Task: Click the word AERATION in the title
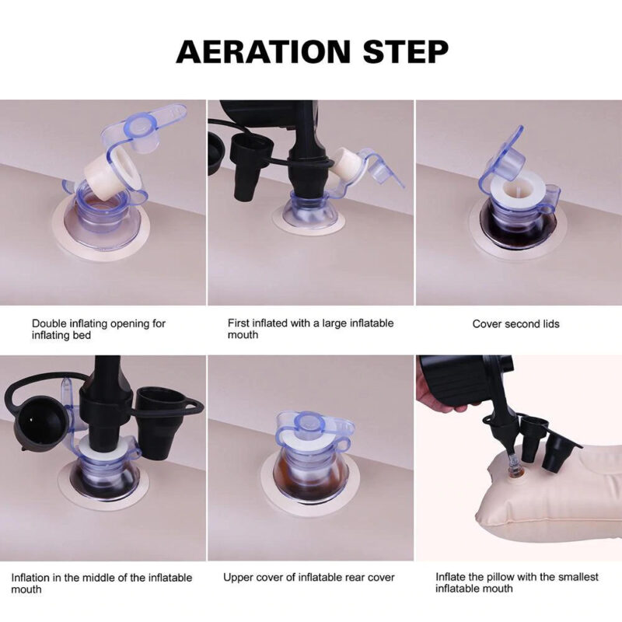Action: pyautogui.click(x=264, y=51)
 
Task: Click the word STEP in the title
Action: pyautogui.click(x=406, y=51)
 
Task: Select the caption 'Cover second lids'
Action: pyautogui.click(x=515, y=324)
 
